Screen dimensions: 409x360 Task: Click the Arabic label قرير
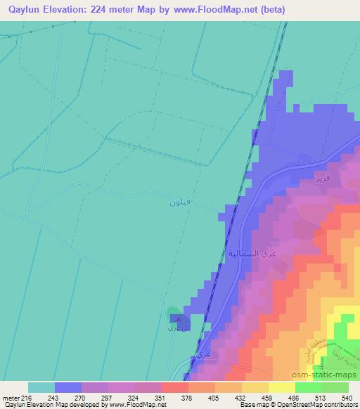point(322,178)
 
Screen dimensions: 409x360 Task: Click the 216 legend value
point(28,397)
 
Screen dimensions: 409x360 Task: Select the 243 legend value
point(53,397)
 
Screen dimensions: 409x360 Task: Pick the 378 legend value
point(188,397)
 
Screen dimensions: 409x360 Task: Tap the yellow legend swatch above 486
point(281,387)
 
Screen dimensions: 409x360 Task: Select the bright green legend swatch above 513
point(308,387)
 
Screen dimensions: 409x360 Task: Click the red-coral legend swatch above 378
point(174,387)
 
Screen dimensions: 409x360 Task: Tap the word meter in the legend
point(10,397)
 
